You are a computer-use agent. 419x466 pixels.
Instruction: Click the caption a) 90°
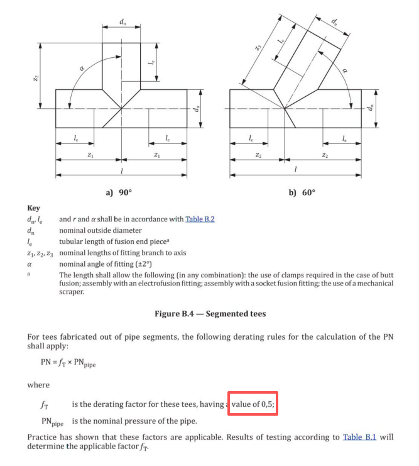coord(119,192)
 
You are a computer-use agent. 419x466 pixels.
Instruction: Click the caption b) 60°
coord(302,192)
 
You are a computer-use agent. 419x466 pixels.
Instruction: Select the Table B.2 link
coord(203,219)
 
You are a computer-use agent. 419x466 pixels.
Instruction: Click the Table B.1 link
coord(359,436)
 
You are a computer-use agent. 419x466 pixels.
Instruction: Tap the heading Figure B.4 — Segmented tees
coord(210,314)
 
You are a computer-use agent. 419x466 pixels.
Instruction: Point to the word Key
coord(33,208)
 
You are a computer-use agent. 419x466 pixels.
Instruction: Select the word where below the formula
coord(38,384)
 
